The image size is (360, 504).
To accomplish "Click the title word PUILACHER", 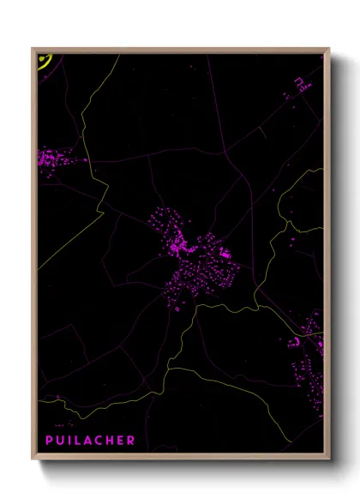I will [x=90, y=441].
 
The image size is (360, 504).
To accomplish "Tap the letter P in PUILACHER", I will [x=50, y=441].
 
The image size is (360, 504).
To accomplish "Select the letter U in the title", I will [x=61, y=441].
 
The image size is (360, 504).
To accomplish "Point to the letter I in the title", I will [x=70, y=441].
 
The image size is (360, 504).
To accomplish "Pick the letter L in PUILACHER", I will [x=78, y=441].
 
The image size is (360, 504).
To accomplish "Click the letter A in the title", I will [x=88, y=441].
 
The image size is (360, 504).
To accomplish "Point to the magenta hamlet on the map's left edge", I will [x=56, y=159].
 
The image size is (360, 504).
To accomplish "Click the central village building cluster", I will [x=193, y=257].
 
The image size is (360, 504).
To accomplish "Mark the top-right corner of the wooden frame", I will [x=328, y=49].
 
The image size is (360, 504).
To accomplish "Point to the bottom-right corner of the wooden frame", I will [x=328, y=459].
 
